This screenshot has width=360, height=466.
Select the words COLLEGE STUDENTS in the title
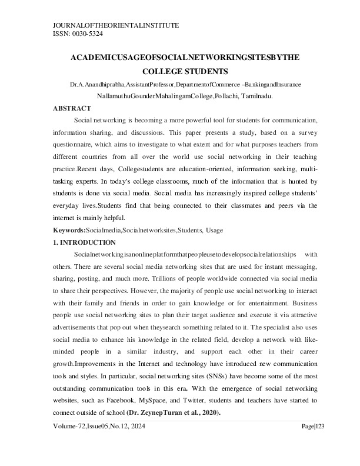[185, 71]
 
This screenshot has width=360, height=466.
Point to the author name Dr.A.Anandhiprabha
[97, 85]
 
